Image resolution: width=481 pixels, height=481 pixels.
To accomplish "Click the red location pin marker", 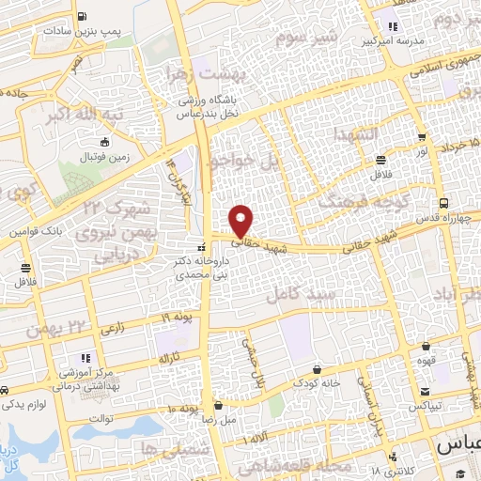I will (x=241, y=220).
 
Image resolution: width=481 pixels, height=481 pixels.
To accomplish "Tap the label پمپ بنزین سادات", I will (x=83, y=30).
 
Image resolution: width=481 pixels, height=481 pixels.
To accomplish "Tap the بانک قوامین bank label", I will (x=36, y=230).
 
